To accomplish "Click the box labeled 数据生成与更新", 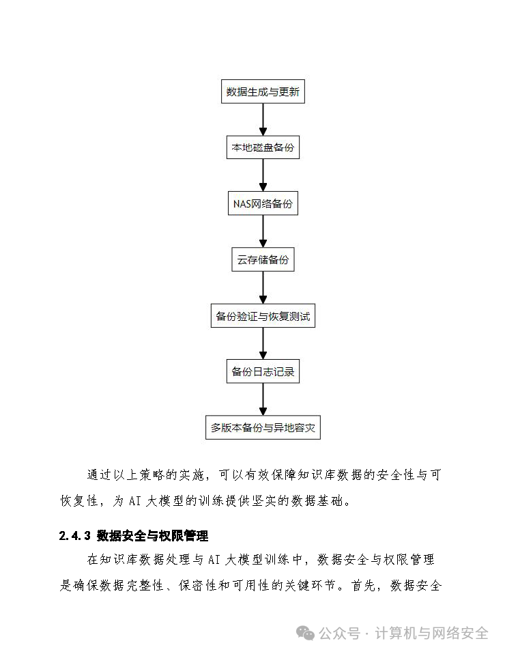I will pyautogui.click(x=263, y=92).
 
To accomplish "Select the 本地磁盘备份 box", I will pyautogui.click(x=263, y=148).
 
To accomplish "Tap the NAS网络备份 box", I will pyautogui.click(x=263, y=204).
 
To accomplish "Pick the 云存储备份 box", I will pyautogui.click(x=263, y=260).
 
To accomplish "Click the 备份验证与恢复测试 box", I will pyautogui.click(x=263, y=316).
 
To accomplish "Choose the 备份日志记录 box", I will pyautogui.click(x=263, y=372).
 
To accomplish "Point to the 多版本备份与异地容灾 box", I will pyautogui.click(x=263, y=428).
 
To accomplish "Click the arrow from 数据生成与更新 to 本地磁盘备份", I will pyautogui.click(x=263, y=120).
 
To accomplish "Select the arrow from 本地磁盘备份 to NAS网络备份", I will pyautogui.click(x=263, y=176).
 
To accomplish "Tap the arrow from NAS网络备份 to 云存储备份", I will pyautogui.click(x=263, y=232).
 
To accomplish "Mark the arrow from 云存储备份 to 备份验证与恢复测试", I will pyautogui.click(x=263, y=288).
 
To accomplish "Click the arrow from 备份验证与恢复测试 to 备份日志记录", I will pyautogui.click(x=263, y=344).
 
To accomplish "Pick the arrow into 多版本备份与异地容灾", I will pyautogui.click(x=263, y=400).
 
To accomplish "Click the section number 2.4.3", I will pyautogui.click(x=75, y=536).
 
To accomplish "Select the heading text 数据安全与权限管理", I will pyautogui.click(x=152, y=536).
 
